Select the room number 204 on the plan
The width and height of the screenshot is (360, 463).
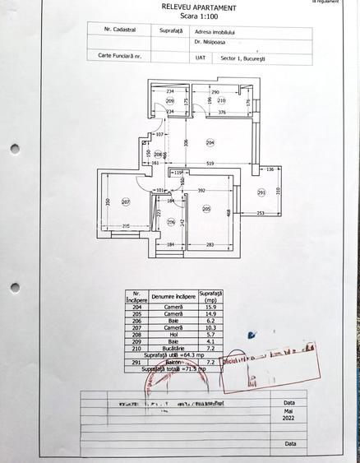(210, 141)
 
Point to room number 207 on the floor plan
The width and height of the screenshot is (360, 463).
(126, 201)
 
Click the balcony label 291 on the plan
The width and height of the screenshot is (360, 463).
(261, 193)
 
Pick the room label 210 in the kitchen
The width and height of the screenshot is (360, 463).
(221, 100)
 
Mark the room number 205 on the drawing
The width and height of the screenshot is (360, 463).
(206, 208)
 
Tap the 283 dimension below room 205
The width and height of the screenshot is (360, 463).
(210, 244)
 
